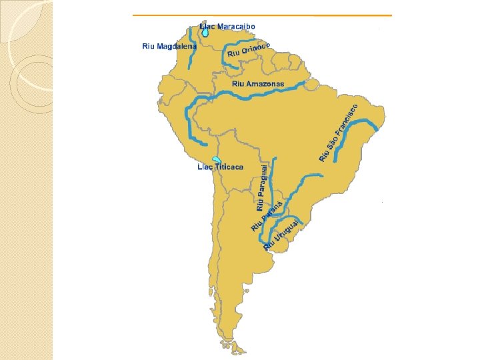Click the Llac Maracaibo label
(227, 27)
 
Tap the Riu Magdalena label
(169, 47)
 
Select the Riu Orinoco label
(249, 49)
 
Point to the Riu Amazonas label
(258, 85)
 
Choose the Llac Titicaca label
(220, 167)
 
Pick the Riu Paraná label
(267, 215)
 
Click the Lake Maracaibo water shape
(205, 31)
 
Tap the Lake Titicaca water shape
(216, 160)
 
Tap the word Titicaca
(229, 167)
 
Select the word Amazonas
(265, 85)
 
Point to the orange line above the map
(262, 15)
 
